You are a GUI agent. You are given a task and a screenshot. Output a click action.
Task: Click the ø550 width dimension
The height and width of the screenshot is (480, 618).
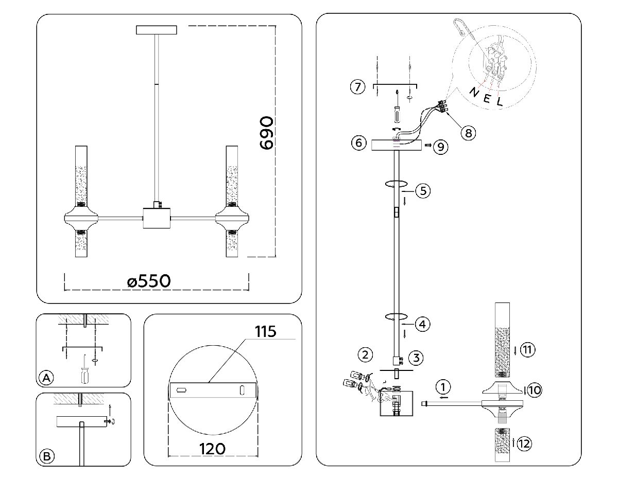coord(148,281)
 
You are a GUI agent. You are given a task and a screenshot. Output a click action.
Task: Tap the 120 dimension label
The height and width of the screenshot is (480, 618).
coord(212,449)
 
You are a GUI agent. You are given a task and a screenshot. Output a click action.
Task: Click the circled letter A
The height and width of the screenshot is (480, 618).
coord(46,378)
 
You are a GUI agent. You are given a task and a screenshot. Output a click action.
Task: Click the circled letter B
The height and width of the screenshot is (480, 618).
coord(46,456)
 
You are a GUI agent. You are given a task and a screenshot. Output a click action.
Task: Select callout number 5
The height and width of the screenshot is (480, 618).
coord(422,191)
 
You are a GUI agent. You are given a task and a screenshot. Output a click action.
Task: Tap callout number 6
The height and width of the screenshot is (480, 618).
coord(358,143)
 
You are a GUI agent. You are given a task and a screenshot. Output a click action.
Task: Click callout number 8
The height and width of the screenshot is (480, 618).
coord(468,133)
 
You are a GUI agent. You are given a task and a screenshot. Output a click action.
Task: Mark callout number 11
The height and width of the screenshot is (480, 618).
coord(527,350)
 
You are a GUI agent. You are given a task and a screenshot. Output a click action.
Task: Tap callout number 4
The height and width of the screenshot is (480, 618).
coord(422,325)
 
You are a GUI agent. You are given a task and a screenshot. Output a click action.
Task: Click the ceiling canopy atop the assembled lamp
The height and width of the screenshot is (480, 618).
coord(157,30)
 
